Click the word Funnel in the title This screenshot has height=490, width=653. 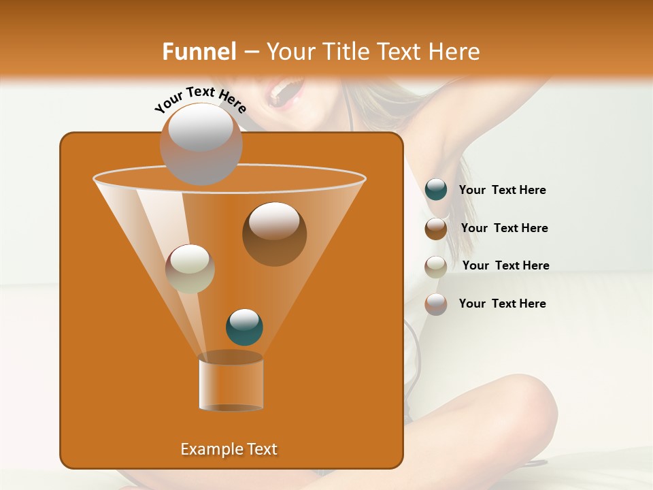coord(199,52)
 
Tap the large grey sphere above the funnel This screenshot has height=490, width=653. coord(201,144)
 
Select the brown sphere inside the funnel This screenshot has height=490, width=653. coord(274,233)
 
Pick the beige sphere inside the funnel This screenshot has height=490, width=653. coord(190,269)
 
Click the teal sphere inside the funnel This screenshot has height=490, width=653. coord(244,327)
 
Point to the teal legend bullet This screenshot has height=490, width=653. coord(436,190)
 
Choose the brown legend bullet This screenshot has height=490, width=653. coord(436,228)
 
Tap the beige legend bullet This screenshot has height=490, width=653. coord(436,266)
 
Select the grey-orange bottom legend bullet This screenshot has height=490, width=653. coord(436,304)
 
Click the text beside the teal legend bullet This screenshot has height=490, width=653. coord(502,190)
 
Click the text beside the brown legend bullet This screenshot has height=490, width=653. coord(504,228)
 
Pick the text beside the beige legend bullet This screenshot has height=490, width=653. coord(505,265)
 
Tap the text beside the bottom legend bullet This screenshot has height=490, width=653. coord(502,304)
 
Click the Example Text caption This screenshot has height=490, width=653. coord(229,449)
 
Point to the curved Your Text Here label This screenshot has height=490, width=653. coord(200,99)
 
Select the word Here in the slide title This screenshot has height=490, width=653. coord(455,52)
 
